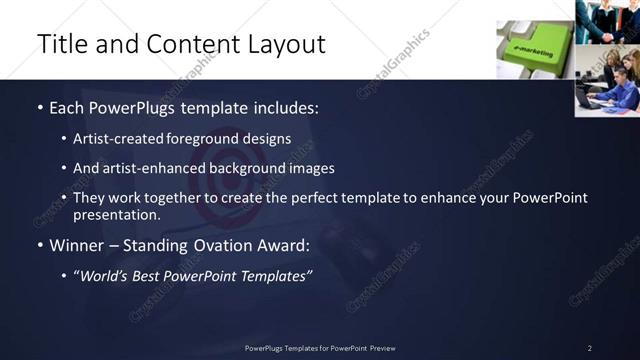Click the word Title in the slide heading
59,44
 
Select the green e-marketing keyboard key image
534,49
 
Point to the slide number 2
590,348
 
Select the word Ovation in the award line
229,245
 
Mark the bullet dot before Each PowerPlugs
39,106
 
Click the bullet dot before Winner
39,245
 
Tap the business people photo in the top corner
607,22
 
